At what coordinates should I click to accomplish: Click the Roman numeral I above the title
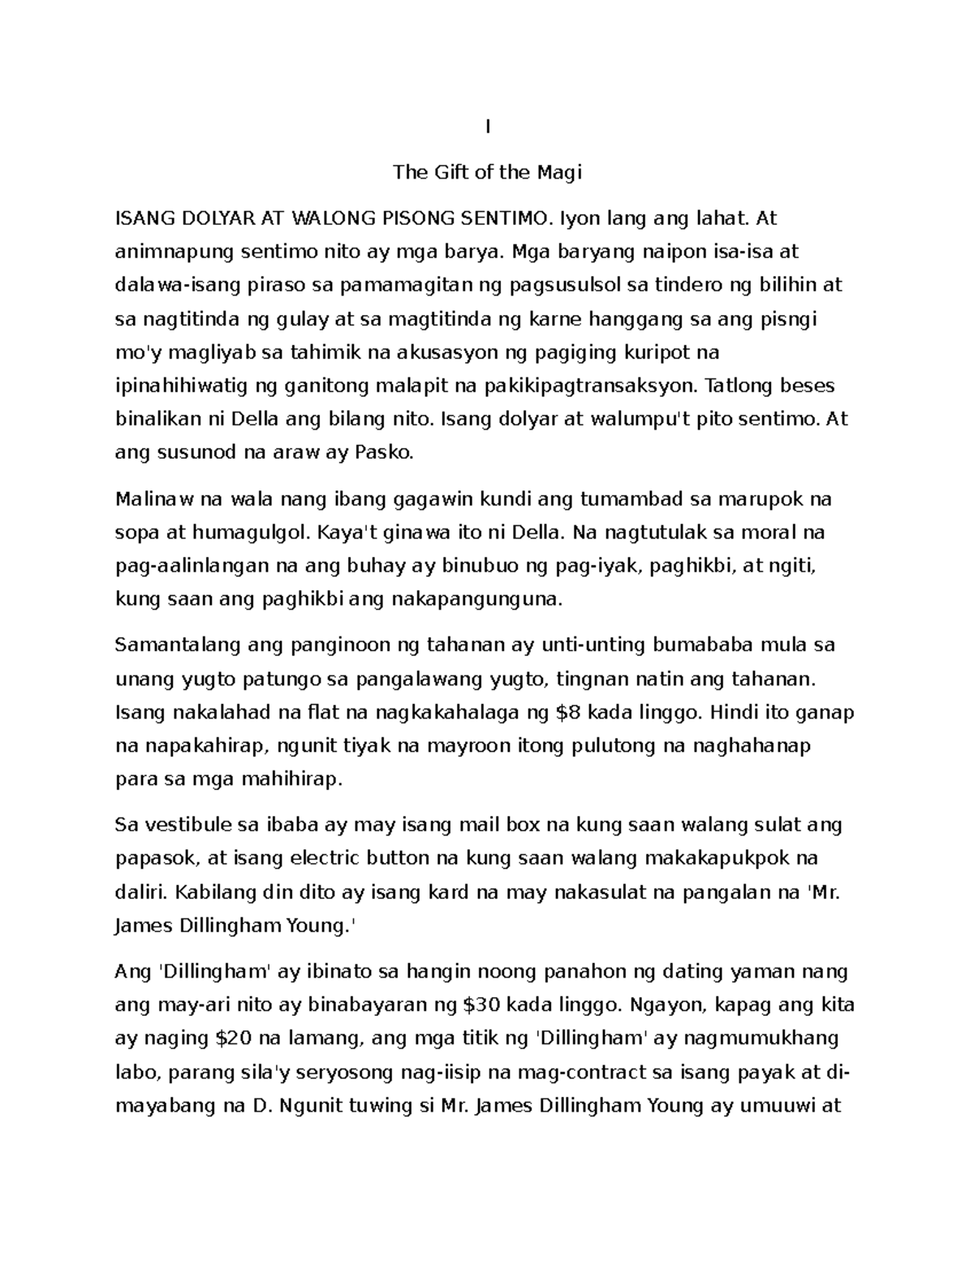tap(487, 127)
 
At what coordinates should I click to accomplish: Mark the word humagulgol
tap(250, 533)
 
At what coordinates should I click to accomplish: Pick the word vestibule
tap(186, 826)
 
